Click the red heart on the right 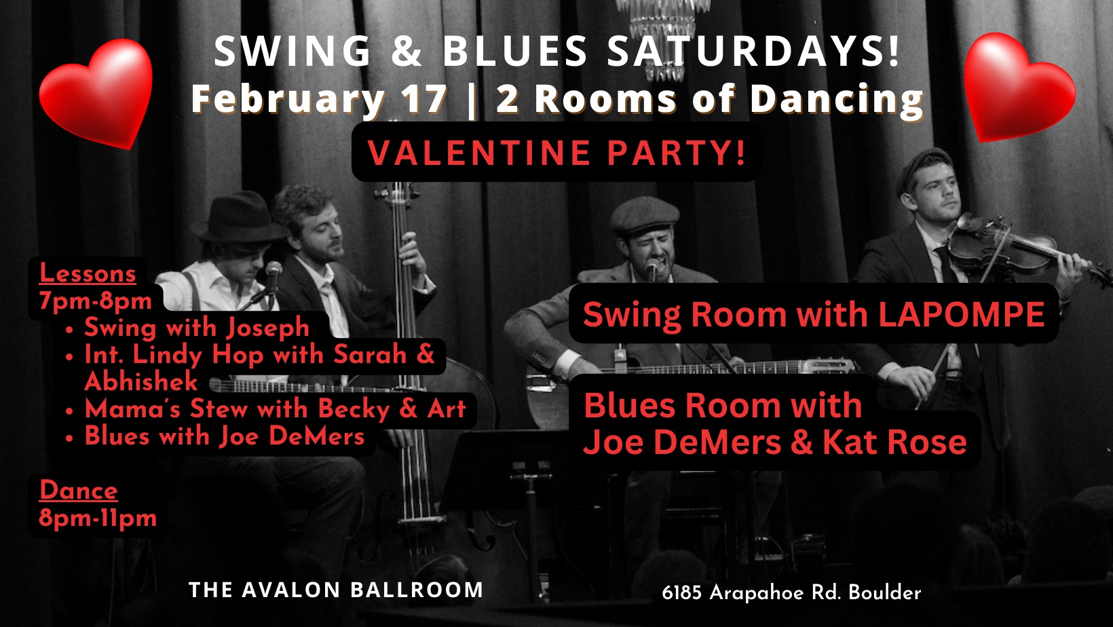click(x=1019, y=88)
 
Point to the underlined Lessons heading click(x=88, y=273)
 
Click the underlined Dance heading click(x=79, y=491)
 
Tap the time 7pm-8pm click(x=96, y=301)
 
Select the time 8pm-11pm click(x=98, y=518)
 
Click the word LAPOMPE click(x=962, y=314)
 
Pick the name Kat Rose click(x=895, y=442)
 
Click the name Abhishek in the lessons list click(x=141, y=381)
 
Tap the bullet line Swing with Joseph click(x=197, y=328)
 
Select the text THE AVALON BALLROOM click(x=336, y=590)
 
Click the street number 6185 click(x=681, y=592)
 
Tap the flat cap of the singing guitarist click(x=645, y=214)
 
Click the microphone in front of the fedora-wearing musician click(x=273, y=271)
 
